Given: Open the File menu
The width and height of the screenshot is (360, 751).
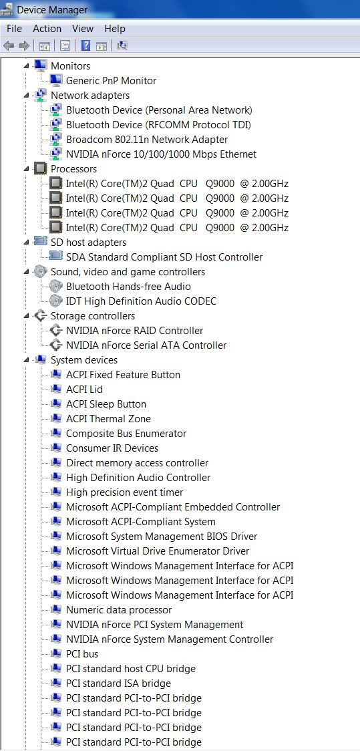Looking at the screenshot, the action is click(15, 29).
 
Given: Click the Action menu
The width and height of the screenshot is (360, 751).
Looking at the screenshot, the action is click(47, 29).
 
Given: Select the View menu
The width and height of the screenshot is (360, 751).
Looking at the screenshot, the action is click(83, 29).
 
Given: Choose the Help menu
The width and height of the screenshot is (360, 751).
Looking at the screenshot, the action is click(115, 29).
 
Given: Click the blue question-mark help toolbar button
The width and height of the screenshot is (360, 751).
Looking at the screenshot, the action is click(85, 45).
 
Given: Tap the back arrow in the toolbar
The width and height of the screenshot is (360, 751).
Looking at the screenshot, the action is click(9, 45).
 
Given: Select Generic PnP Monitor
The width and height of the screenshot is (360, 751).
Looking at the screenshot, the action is click(111, 80).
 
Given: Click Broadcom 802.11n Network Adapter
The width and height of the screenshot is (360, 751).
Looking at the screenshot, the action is click(147, 140).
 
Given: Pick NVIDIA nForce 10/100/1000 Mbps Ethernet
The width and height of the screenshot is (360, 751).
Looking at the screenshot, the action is click(162, 154).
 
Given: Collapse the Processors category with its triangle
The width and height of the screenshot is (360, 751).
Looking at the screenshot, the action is click(26, 168).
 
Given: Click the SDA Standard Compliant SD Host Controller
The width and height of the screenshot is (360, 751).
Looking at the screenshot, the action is click(164, 257).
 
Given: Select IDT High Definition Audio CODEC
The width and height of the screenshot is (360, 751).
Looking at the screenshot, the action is click(141, 301).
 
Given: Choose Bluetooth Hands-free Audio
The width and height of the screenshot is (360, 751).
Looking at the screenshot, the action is click(128, 287).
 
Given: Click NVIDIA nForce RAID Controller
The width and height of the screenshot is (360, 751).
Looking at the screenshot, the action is click(134, 331).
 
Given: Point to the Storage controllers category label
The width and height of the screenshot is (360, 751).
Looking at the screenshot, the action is click(93, 316).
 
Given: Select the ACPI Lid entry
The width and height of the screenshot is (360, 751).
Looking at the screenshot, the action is click(84, 390).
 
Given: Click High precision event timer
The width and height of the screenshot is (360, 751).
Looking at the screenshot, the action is click(124, 492).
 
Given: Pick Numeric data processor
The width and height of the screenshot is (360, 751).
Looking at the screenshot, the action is click(119, 610).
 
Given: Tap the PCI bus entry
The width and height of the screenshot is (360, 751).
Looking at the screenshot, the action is click(82, 654).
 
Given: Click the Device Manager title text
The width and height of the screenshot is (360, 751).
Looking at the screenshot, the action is click(52, 9).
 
